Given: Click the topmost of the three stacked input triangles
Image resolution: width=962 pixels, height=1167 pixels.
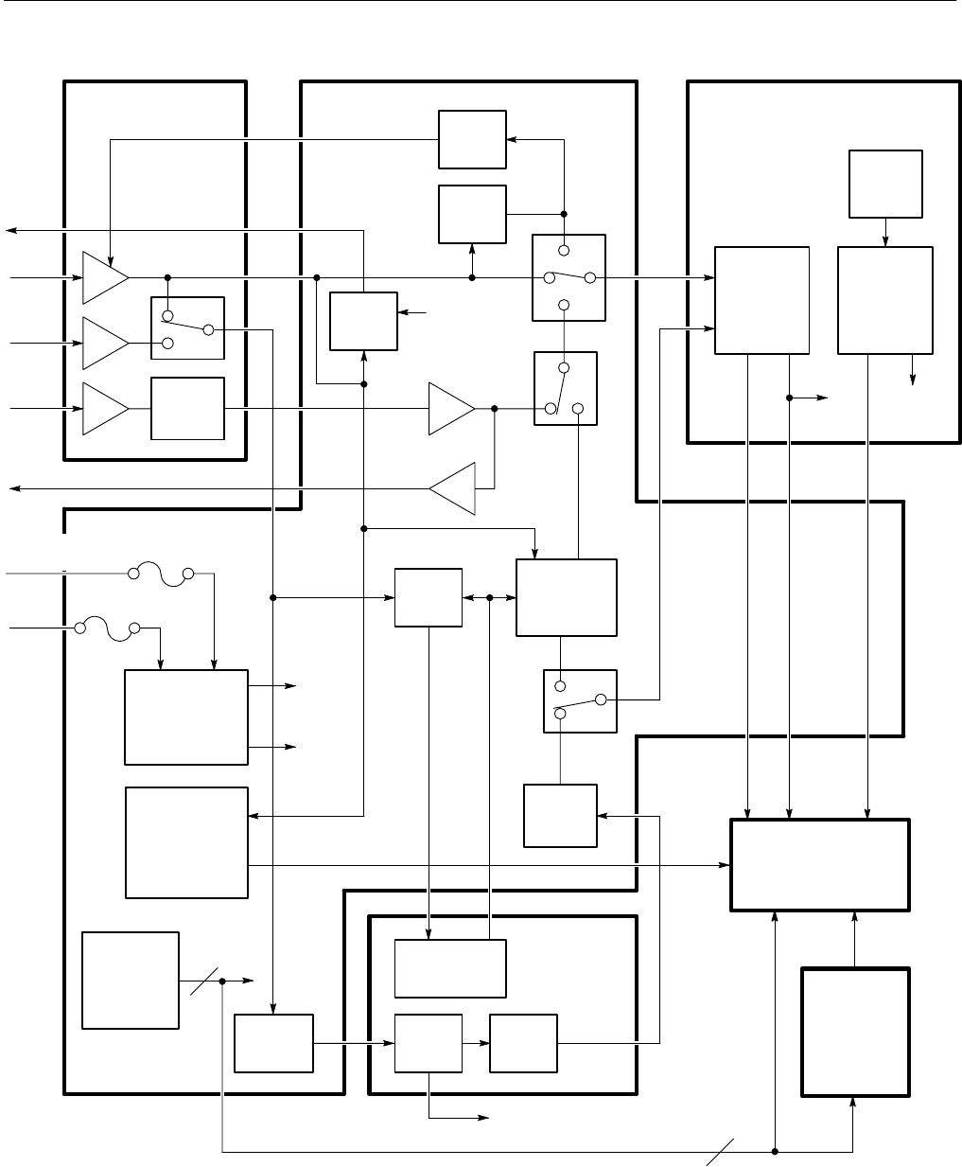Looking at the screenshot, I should [x=104, y=277].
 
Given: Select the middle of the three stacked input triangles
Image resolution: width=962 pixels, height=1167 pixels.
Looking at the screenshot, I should [x=104, y=343].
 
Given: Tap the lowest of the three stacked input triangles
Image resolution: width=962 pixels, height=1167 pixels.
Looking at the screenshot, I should [x=104, y=408].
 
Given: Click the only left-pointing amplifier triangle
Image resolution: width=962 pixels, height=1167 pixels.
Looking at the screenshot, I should [x=453, y=488].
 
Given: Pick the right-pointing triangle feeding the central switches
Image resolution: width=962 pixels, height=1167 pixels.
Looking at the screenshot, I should [x=450, y=409].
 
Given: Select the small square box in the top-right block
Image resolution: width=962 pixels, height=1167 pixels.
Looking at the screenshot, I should [x=885, y=184].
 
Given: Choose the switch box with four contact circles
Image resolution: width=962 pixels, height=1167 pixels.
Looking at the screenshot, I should [x=568, y=278].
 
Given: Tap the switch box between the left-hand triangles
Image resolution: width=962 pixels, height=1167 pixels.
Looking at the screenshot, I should [x=187, y=327].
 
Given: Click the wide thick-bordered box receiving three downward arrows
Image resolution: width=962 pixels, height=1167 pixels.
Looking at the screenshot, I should [x=820, y=865].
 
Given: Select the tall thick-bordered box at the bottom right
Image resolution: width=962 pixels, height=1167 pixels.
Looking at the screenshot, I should [x=855, y=1032].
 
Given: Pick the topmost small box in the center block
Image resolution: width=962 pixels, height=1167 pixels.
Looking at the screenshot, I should [x=472, y=141].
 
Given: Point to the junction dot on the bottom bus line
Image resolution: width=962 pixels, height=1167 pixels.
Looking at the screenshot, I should [x=775, y=1152].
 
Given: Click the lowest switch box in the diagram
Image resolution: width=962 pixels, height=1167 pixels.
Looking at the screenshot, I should [x=580, y=701].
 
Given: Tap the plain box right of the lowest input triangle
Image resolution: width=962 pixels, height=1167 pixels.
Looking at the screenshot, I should [x=187, y=408].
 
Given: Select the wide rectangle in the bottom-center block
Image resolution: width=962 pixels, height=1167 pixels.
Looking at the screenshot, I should [x=449, y=968].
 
